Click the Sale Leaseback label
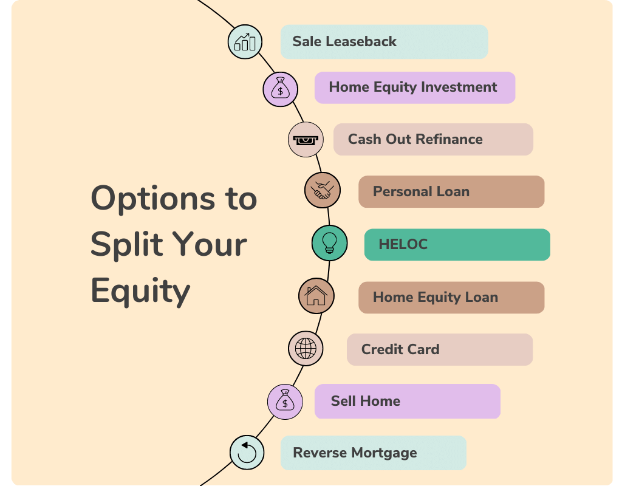(383, 42)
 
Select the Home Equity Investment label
(414, 87)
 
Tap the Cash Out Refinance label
(432, 140)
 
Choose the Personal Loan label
(451, 192)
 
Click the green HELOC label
(457, 245)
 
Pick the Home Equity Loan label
(451, 298)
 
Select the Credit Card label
(439, 350)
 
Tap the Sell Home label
(407, 402)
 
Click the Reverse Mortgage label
(373, 453)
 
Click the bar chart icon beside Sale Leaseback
(245, 42)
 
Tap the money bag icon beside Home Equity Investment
(280, 89)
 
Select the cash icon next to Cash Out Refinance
(305, 140)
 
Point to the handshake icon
(322, 190)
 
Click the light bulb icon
(329, 243)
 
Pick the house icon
(316, 296)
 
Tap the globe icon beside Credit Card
(306, 349)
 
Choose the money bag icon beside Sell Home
(285, 401)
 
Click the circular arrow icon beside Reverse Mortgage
(247, 453)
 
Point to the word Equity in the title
(140, 291)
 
